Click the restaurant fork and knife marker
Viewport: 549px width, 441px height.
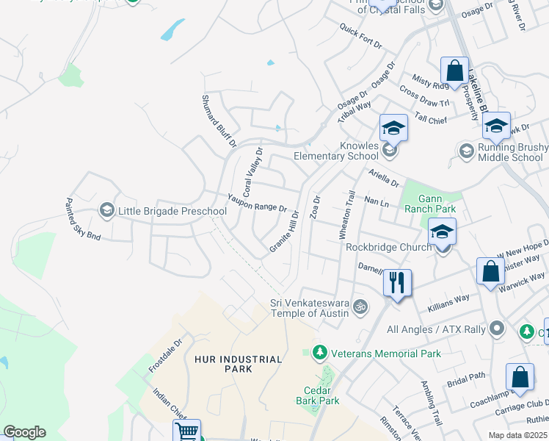[397, 282]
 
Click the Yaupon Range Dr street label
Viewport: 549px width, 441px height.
[256, 203]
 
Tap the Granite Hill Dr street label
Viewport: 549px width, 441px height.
[284, 232]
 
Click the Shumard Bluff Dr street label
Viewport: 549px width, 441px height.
[219, 120]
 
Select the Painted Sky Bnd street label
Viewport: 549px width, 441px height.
[83, 219]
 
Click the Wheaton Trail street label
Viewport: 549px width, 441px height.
[346, 215]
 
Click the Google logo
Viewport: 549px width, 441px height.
[24, 432]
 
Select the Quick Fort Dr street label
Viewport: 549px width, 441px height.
[360, 36]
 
